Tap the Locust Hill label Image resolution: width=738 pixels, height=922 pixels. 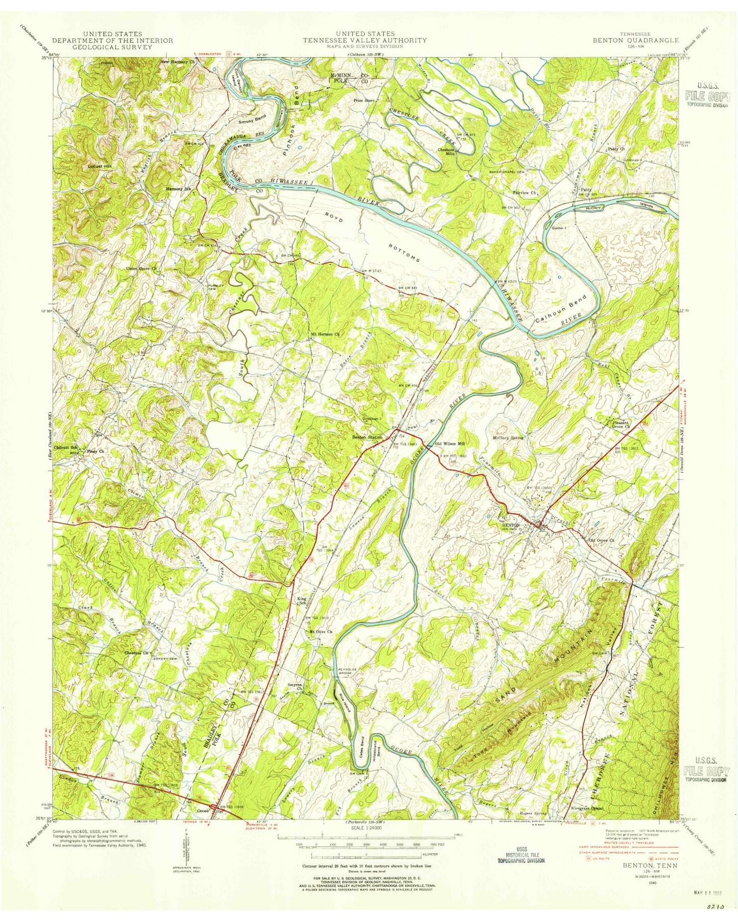(100, 166)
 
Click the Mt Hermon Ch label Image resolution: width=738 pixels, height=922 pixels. (325, 335)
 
